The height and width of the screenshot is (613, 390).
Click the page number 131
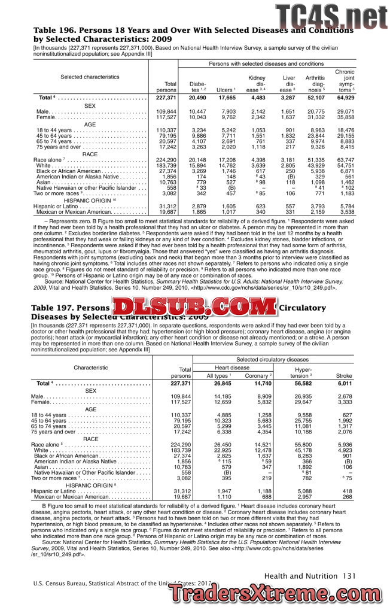(350, 576)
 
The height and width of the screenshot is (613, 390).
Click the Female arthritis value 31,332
(315, 117)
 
